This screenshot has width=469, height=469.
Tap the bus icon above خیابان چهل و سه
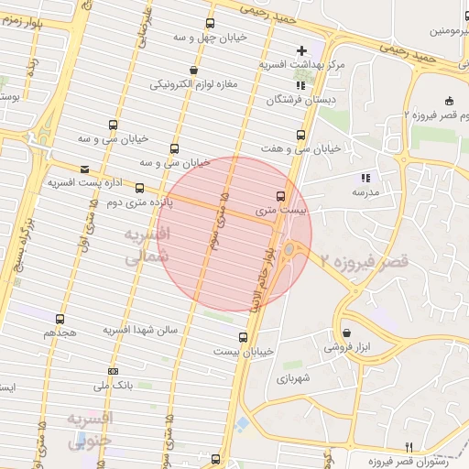(210, 24)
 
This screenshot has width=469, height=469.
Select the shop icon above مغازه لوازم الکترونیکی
(192, 70)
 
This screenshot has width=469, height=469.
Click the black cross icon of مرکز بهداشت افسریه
(301, 49)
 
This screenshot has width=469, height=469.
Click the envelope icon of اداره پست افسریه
(85, 169)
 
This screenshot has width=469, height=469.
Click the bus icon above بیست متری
(280, 196)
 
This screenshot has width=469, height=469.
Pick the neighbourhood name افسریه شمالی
(147, 247)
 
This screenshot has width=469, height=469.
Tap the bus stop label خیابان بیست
(245, 352)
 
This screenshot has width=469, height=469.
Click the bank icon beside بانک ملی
(113, 371)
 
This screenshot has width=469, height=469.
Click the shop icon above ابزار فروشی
(346, 333)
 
